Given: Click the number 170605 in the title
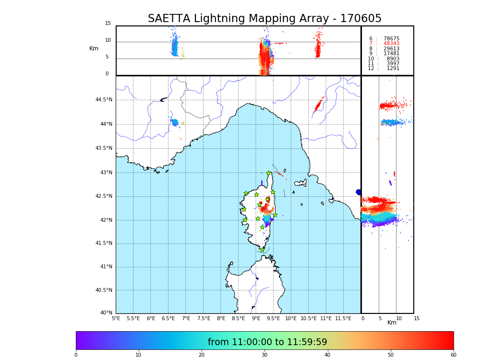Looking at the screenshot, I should [360, 19].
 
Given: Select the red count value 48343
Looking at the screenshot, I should [391, 44].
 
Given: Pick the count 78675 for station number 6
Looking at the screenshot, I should [391, 38].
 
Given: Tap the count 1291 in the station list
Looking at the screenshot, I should [393, 69].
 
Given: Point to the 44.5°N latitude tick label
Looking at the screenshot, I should [104, 100].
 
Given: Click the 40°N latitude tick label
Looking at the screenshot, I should [106, 313].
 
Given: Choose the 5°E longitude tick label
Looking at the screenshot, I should [116, 318].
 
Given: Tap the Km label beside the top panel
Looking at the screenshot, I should [94, 48].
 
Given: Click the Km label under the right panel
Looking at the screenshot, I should [392, 323].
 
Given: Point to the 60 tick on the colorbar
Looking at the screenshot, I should [453, 355].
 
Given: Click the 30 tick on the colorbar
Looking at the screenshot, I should [264, 355].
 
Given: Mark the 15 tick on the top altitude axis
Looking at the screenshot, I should [108, 24].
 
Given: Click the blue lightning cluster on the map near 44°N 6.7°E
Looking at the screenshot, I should [175, 122].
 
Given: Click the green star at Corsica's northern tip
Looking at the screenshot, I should [268, 173].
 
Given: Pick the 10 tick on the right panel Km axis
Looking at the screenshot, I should [399, 318].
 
